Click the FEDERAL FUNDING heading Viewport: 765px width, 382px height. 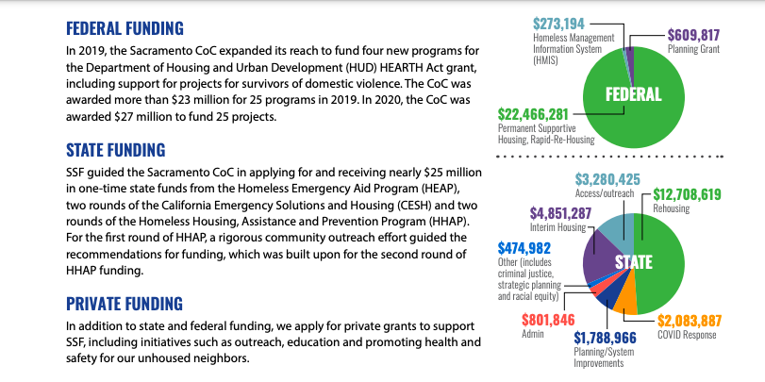click(x=125, y=28)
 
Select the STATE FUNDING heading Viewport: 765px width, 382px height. click(x=115, y=149)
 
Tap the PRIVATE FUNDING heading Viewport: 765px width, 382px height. click(x=125, y=303)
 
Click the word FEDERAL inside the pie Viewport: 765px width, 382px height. click(x=634, y=93)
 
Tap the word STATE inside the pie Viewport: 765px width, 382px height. click(x=634, y=263)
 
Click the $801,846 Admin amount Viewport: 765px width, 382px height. click(x=548, y=318)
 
